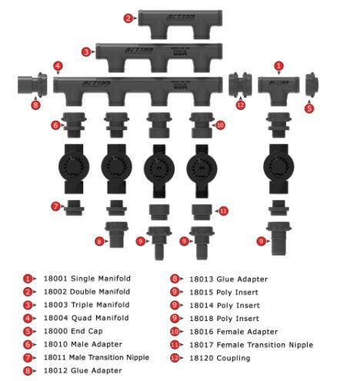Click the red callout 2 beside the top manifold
tap(128, 18)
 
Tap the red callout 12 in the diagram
tap(241, 105)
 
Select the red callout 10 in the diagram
tap(220, 125)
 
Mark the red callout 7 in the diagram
tap(55, 206)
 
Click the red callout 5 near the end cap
tap(309, 109)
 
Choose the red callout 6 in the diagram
tap(55, 125)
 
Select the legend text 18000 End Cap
tap(66, 331)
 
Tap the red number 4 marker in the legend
tap(28, 318)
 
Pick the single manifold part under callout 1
tap(278, 85)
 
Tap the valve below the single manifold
tap(278, 165)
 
